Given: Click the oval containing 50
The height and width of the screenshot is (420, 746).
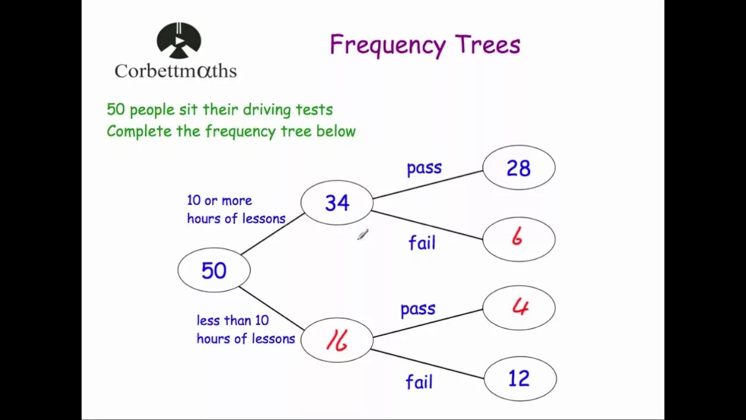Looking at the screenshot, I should pyautogui.click(x=214, y=270).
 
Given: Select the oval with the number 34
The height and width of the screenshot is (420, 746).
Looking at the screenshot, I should pyautogui.click(x=337, y=202).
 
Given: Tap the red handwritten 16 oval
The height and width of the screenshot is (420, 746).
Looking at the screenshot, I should pyautogui.click(x=337, y=340).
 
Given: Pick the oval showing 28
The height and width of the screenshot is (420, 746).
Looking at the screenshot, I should pyautogui.click(x=519, y=168).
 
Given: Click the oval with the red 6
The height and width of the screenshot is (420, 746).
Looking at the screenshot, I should pyautogui.click(x=519, y=239).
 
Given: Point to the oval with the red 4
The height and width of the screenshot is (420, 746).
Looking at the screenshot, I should pyautogui.click(x=519, y=307).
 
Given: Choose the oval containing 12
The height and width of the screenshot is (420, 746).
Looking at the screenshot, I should pyautogui.click(x=520, y=379).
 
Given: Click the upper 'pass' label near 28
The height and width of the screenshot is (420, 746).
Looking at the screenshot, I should pyautogui.click(x=424, y=168).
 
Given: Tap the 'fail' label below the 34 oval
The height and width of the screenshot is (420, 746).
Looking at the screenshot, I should pyautogui.click(x=422, y=242).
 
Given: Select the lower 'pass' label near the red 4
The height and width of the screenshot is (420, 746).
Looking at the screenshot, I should pyautogui.click(x=418, y=309).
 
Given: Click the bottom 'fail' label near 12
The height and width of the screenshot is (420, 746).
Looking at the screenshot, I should pyautogui.click(x=419, y=382).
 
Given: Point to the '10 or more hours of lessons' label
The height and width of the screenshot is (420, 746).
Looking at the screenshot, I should pyautogui.click(x=235, y=209).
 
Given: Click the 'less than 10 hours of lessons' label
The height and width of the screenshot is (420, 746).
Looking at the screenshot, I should pyautogui.click(x=245, y=330).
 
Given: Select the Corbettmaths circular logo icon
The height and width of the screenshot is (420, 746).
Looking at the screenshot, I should pyautogui.click(x=179, y=41).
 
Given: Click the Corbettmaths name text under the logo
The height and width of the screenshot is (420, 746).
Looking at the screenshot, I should pyautogui.click(x=175, y=71).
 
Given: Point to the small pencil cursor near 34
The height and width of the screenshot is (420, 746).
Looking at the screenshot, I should pyautogui.click(x=363, y=235).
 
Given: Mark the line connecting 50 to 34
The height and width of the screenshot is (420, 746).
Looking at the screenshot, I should pyautogui.click(x=273, y=234).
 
